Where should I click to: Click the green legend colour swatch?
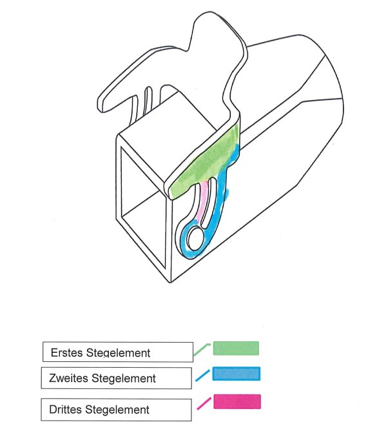(236, 348)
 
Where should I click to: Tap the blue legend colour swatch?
(236, 374)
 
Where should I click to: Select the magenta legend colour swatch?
(237, 401)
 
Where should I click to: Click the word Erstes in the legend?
(67, 353)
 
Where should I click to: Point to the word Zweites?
(68, 378)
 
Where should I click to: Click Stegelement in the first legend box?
(118, 353)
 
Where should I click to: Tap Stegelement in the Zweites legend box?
(124, 379)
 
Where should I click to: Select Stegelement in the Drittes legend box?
(117, 410)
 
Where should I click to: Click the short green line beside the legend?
(202, 349)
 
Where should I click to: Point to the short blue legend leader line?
(202, 376)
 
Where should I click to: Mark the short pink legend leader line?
(204, 403)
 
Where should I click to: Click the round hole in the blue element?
(195, 238)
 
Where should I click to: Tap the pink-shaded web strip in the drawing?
(202, 200)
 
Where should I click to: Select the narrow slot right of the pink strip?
(209, 202)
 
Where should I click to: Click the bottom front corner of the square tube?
(170, 283)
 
